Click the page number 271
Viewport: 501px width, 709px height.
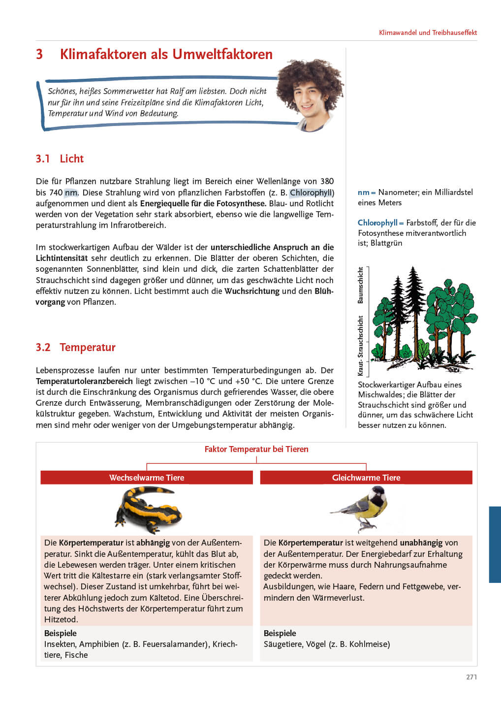(471, 677)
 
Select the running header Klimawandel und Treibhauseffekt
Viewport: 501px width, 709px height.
(428, 32)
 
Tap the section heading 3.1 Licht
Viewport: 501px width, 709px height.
(60, 159)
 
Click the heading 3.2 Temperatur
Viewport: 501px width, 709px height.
(75, 347)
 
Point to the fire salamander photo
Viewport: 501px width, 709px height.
(148, 510)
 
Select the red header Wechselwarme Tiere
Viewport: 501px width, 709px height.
(147, 478)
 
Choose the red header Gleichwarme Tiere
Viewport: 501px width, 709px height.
(366, 478)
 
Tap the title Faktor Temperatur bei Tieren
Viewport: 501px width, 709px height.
(256, 449)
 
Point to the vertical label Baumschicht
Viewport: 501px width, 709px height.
(361, 285)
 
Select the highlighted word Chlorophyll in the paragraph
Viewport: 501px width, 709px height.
(311, 193)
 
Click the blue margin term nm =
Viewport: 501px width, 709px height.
(366, 192)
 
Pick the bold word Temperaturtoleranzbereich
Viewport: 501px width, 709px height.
(84, 381)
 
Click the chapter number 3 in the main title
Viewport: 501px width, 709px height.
(39, 54)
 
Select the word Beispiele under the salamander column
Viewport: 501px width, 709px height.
(61, 633)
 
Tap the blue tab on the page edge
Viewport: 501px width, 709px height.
(495, 545)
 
